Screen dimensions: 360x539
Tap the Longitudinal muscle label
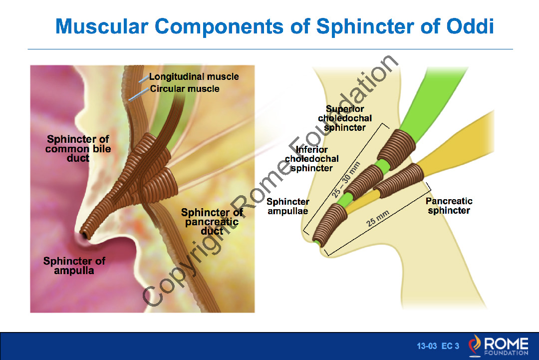point(194,77)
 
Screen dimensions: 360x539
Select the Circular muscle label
point(185,89)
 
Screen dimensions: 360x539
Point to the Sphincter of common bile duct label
point(78,148)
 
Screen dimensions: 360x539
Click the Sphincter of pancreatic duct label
point(212,222)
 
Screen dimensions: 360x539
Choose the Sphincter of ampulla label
point(74,266)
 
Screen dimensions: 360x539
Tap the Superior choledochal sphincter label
point(345,118)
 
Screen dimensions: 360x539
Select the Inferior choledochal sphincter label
point(312,159)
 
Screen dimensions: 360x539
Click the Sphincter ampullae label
point(288,206)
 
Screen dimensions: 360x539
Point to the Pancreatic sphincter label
point(449,206)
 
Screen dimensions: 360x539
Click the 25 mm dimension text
point(378,218)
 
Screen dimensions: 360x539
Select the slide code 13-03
point(427,346)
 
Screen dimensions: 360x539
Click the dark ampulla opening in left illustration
point(86,234)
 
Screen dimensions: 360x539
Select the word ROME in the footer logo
point(506,344)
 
